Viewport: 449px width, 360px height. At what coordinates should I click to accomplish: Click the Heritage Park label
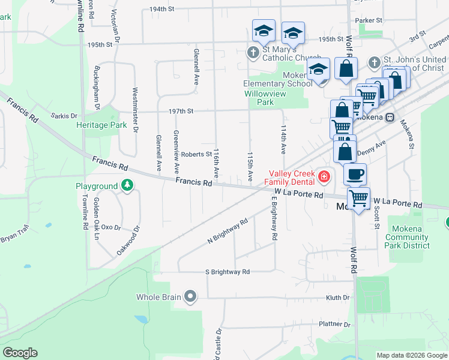(102, 125)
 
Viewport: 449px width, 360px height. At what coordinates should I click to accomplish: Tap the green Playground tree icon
(127, 186)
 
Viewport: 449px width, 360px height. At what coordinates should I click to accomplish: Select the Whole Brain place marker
(191, 296)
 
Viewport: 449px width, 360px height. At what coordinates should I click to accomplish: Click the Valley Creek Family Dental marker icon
(324, 176)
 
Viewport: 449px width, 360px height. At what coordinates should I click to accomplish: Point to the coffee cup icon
(355, 174)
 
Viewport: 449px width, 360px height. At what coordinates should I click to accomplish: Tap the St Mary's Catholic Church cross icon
(253, 53)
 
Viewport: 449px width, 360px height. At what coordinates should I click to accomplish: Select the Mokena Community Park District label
(408, 237)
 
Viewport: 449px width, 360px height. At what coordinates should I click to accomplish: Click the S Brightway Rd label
(228, 272)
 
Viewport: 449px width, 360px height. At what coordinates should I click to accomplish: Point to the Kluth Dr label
(338, 297)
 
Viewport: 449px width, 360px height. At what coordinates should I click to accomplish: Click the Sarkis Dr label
(64, 115)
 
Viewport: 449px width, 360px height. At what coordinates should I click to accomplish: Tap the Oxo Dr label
(111, 227)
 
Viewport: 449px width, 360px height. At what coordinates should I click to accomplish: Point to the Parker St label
(369, 20)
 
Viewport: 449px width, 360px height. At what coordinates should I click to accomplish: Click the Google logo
(20, 353)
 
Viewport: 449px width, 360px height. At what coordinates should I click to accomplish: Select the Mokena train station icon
(390, 117)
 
